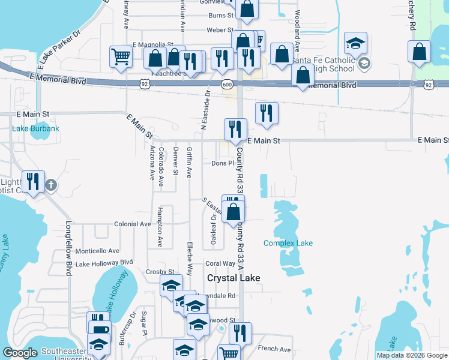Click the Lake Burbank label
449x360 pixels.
tap(36, 129)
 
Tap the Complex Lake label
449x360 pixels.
tap(288, 243)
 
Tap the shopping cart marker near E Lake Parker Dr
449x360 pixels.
tap(121, 58)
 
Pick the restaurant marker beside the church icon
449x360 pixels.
tap(34, 181)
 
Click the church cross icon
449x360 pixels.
tap(51, 184)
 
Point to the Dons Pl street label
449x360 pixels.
tap(222, 163)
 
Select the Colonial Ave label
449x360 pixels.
tap(132, 224)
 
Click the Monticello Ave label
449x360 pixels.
tap(97, 251)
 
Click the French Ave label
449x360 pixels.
tap(274, 349)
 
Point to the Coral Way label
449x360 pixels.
tap(220, 263)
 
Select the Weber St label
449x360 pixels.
tap(220, 30)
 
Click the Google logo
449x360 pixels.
tap(20, 353)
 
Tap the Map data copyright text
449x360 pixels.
tap(412, 355)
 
